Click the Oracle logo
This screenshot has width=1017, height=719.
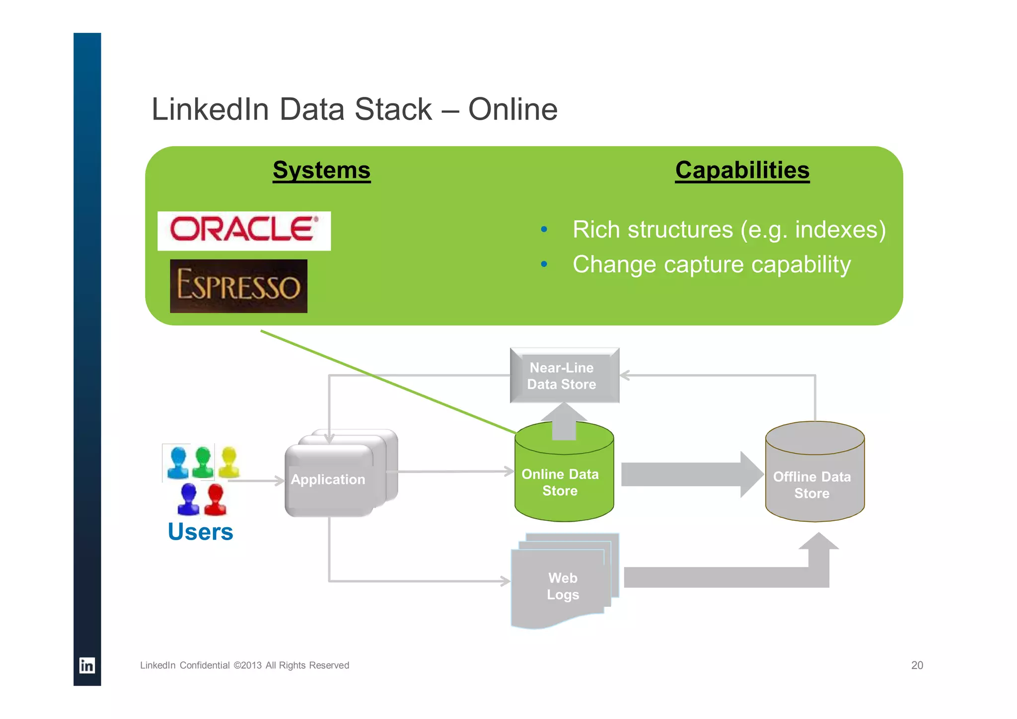[244, 231]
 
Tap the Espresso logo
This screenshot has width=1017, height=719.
[238, 286]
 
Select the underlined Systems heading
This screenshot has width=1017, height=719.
[321, 170]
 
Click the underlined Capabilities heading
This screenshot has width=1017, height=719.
[742, 170]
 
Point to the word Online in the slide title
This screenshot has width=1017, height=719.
[512, 109]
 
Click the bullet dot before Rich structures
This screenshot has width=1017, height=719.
[544, 230]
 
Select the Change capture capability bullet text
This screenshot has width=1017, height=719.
[711, 264]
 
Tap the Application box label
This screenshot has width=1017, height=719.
[328, 479]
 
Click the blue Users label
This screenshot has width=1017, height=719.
[200, 532]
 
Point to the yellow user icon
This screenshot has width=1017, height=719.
[229, 462]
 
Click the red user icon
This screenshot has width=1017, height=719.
[215, 499]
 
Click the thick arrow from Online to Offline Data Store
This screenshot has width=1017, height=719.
[690, 475]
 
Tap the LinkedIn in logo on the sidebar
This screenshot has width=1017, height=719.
[87, 665]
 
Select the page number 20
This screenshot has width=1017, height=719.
[917, 665]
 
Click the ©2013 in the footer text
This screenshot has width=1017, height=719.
[247, 665]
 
